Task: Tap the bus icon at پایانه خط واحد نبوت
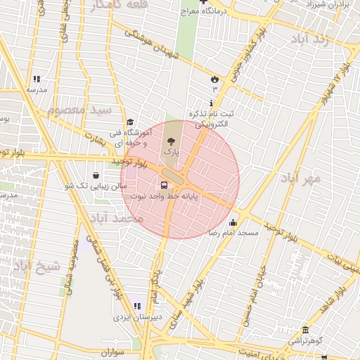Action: click(164, 186)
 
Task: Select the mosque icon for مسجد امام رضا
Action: click(233, 223)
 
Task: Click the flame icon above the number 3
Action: click(214, 79)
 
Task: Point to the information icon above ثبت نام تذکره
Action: click(212, 103)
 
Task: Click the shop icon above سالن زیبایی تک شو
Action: click(96, 175)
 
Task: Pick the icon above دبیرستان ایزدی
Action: click(137, 306)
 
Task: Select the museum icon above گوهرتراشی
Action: click(305, 330)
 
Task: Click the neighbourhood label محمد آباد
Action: click(120, 219)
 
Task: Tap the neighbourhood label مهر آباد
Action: click(303, 179)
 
